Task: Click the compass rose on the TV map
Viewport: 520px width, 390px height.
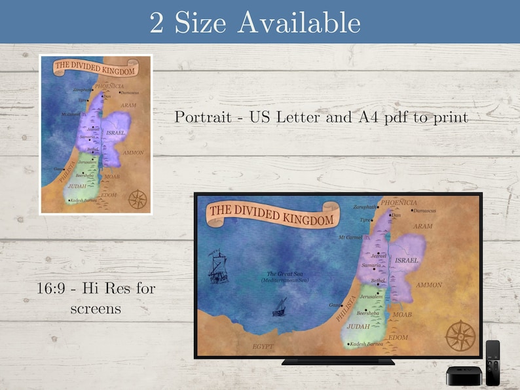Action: (x=460, y=335)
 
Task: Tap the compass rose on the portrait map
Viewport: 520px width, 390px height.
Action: (x=137, y=198)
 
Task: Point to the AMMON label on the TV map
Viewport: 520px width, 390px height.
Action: (x=429, y=285)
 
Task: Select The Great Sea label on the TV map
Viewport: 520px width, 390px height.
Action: (x=281, y=275)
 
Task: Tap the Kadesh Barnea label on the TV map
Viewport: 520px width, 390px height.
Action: (x=367, y=344)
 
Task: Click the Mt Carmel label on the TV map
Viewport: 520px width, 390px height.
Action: (x=350, y=237)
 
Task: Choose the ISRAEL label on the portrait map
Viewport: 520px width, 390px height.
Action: (x=115, y=132)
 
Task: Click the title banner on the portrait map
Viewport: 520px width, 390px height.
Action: (x=94, y=67)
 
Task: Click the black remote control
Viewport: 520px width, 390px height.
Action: (x=492, y=363)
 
